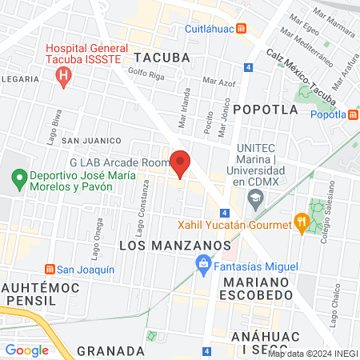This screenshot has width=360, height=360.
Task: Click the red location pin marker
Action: pyautogui.click(x=181, y=162)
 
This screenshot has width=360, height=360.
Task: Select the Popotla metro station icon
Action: pyautogui.click(x=353, y=114)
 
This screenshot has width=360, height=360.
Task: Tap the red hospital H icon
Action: pyautogui.click(x=64, y=77)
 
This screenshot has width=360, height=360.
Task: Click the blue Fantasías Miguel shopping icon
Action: pyautogui.click(x=203, y=262)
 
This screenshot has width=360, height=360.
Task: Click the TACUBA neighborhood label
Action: pyautogui.click(x=162, y=57)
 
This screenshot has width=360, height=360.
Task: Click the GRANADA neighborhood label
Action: pyautogui.click(x=111, y=350)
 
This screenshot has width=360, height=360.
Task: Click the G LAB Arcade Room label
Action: pyautogui.click(x=120, y=162)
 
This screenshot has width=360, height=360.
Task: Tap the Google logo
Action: pyautogui.click(x=27, y=350)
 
